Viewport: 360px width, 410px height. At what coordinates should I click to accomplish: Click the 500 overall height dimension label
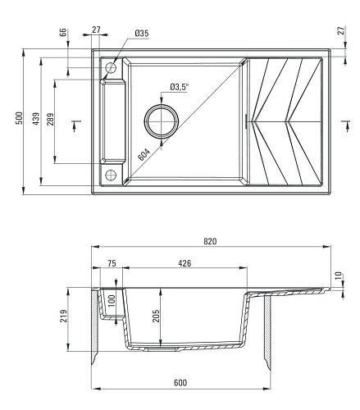pos(19,118)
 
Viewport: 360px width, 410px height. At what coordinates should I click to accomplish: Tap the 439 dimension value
pos(36,119)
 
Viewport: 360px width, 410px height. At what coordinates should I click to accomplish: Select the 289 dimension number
pos(50,119)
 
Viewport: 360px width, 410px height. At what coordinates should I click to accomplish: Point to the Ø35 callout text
pos(142,34)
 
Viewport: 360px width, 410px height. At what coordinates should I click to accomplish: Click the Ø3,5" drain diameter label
pos(179,87)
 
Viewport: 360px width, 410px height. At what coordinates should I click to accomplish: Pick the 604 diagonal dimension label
pos(144,155)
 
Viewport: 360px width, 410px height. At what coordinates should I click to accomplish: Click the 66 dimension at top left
pos(63,32)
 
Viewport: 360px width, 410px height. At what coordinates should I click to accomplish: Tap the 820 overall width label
pos(210,241)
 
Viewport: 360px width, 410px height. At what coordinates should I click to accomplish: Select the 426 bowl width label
pos(185,263)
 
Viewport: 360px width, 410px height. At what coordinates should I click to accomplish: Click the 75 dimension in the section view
pos(112,263)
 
